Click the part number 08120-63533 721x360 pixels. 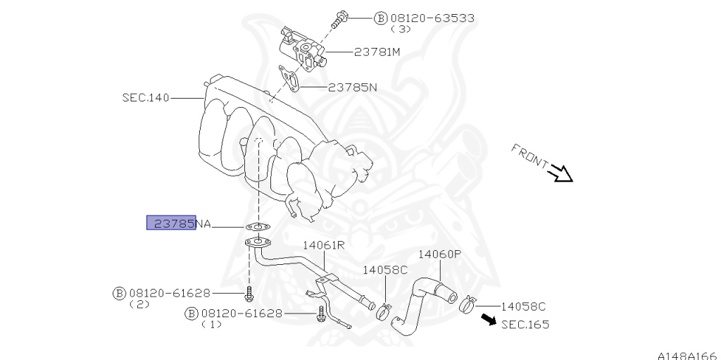coord(432,18)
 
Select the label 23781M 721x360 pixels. coord(377,52)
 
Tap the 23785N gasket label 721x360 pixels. coord(352,87)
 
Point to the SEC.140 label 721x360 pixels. coord(146,98)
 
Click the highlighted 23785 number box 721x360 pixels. coord(172,223)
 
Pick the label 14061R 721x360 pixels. coord(323,245)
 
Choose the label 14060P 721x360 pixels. coord(439,254)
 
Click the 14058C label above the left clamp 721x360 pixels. coord(385,270)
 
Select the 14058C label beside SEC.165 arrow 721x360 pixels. coord(523,306)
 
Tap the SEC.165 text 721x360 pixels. coord(525,325)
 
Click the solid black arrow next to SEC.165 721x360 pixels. coord(489,319)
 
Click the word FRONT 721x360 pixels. coord(529,156)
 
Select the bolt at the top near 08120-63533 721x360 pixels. coord(340,19)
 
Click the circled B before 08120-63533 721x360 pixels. coord(380,18)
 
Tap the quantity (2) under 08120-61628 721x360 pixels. coord(139,304)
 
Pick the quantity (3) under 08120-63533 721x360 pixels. coord(401,29)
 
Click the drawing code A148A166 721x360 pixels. coord(689,356)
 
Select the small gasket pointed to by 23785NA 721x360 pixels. coord(258,226)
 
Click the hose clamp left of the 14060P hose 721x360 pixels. coord(384,311)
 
